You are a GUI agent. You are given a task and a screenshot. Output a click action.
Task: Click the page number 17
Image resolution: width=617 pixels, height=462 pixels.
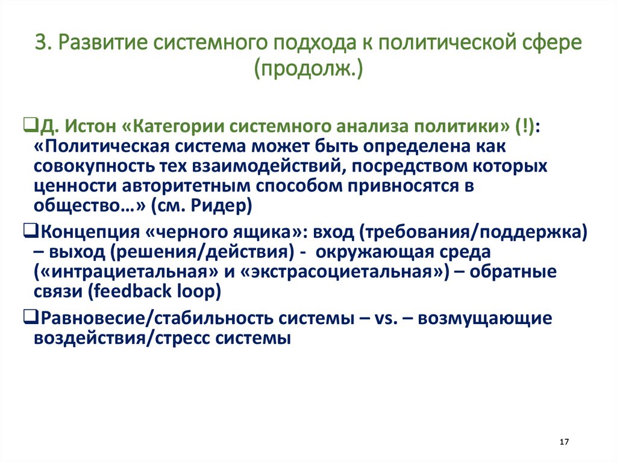(x=564, y=442)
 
